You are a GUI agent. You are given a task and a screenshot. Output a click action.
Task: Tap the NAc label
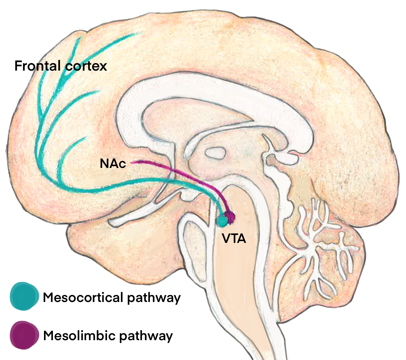113,164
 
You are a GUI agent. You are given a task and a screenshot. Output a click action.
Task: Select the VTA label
234,238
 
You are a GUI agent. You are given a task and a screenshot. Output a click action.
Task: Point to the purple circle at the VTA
229,217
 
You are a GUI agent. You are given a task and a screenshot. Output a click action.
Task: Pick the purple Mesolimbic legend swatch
24,335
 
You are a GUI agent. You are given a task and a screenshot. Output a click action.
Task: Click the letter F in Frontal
18,66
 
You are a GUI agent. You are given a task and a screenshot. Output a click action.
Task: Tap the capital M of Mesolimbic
48,336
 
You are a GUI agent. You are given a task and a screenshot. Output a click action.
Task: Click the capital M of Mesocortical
48,298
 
